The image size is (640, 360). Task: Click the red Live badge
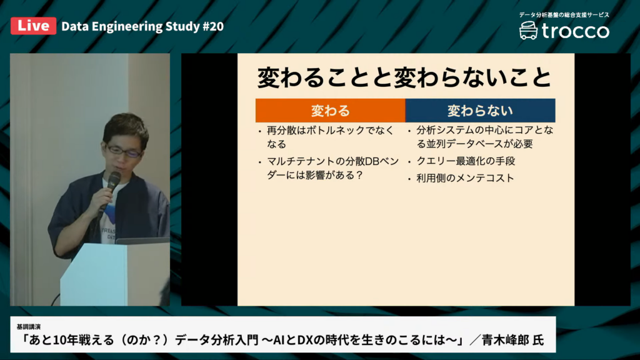[x=34, y=26]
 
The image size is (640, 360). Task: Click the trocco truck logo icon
[x=528, y=31]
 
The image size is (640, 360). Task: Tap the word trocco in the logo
[x=576, y=31]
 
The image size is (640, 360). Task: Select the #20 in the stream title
[x=213, y=26]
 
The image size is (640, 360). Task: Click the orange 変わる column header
[x=330, y=111]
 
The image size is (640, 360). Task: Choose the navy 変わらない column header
[x=480, y=111]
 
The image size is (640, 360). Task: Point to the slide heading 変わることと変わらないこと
[x=404, y=77]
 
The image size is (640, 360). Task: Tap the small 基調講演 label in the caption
[x=29, y=326]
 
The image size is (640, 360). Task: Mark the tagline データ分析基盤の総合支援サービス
[x=564, y=15]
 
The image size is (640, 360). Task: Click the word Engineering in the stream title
[x=127, y=26]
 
